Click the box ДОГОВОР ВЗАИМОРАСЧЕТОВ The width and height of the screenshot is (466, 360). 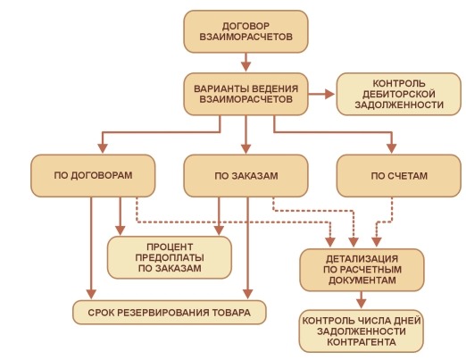tap(245, 31)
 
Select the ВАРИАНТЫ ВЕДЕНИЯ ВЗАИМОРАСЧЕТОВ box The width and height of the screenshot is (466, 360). tap(245, 94)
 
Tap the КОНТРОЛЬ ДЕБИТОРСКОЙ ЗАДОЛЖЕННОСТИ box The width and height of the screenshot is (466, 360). tap(399, 94)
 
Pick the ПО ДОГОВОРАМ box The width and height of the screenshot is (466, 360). tap(93, 176)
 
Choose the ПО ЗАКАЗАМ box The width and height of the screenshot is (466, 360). tap(245, 176)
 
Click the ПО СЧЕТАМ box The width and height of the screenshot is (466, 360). tap(399, 176)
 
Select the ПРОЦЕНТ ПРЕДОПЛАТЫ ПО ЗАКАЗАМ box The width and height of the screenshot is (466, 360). tap(170, 257)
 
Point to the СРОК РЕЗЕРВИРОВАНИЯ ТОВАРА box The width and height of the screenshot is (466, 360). tap(170, 313)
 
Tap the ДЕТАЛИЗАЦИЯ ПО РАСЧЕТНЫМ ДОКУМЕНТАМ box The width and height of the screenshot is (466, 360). tap(362, 270)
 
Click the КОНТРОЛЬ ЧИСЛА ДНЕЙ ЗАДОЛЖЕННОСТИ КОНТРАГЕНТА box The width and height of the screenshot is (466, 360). tap(362, 331)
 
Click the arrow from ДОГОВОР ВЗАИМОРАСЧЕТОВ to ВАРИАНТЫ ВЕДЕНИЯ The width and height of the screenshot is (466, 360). tap(245, 63)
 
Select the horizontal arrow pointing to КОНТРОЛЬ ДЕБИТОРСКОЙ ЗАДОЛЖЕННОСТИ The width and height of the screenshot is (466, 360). tap(321, 94)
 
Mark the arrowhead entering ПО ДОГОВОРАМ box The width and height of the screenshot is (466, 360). tap(103, 148)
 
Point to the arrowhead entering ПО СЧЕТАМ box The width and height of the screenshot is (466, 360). tap(392, 148)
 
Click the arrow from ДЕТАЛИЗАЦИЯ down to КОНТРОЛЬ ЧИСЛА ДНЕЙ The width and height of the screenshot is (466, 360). tap(362, 300)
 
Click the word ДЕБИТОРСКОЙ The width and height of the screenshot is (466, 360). tap(399, 94)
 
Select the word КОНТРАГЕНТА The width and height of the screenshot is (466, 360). tap(362, 342)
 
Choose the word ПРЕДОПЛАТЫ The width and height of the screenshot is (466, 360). tap(170, 257)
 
